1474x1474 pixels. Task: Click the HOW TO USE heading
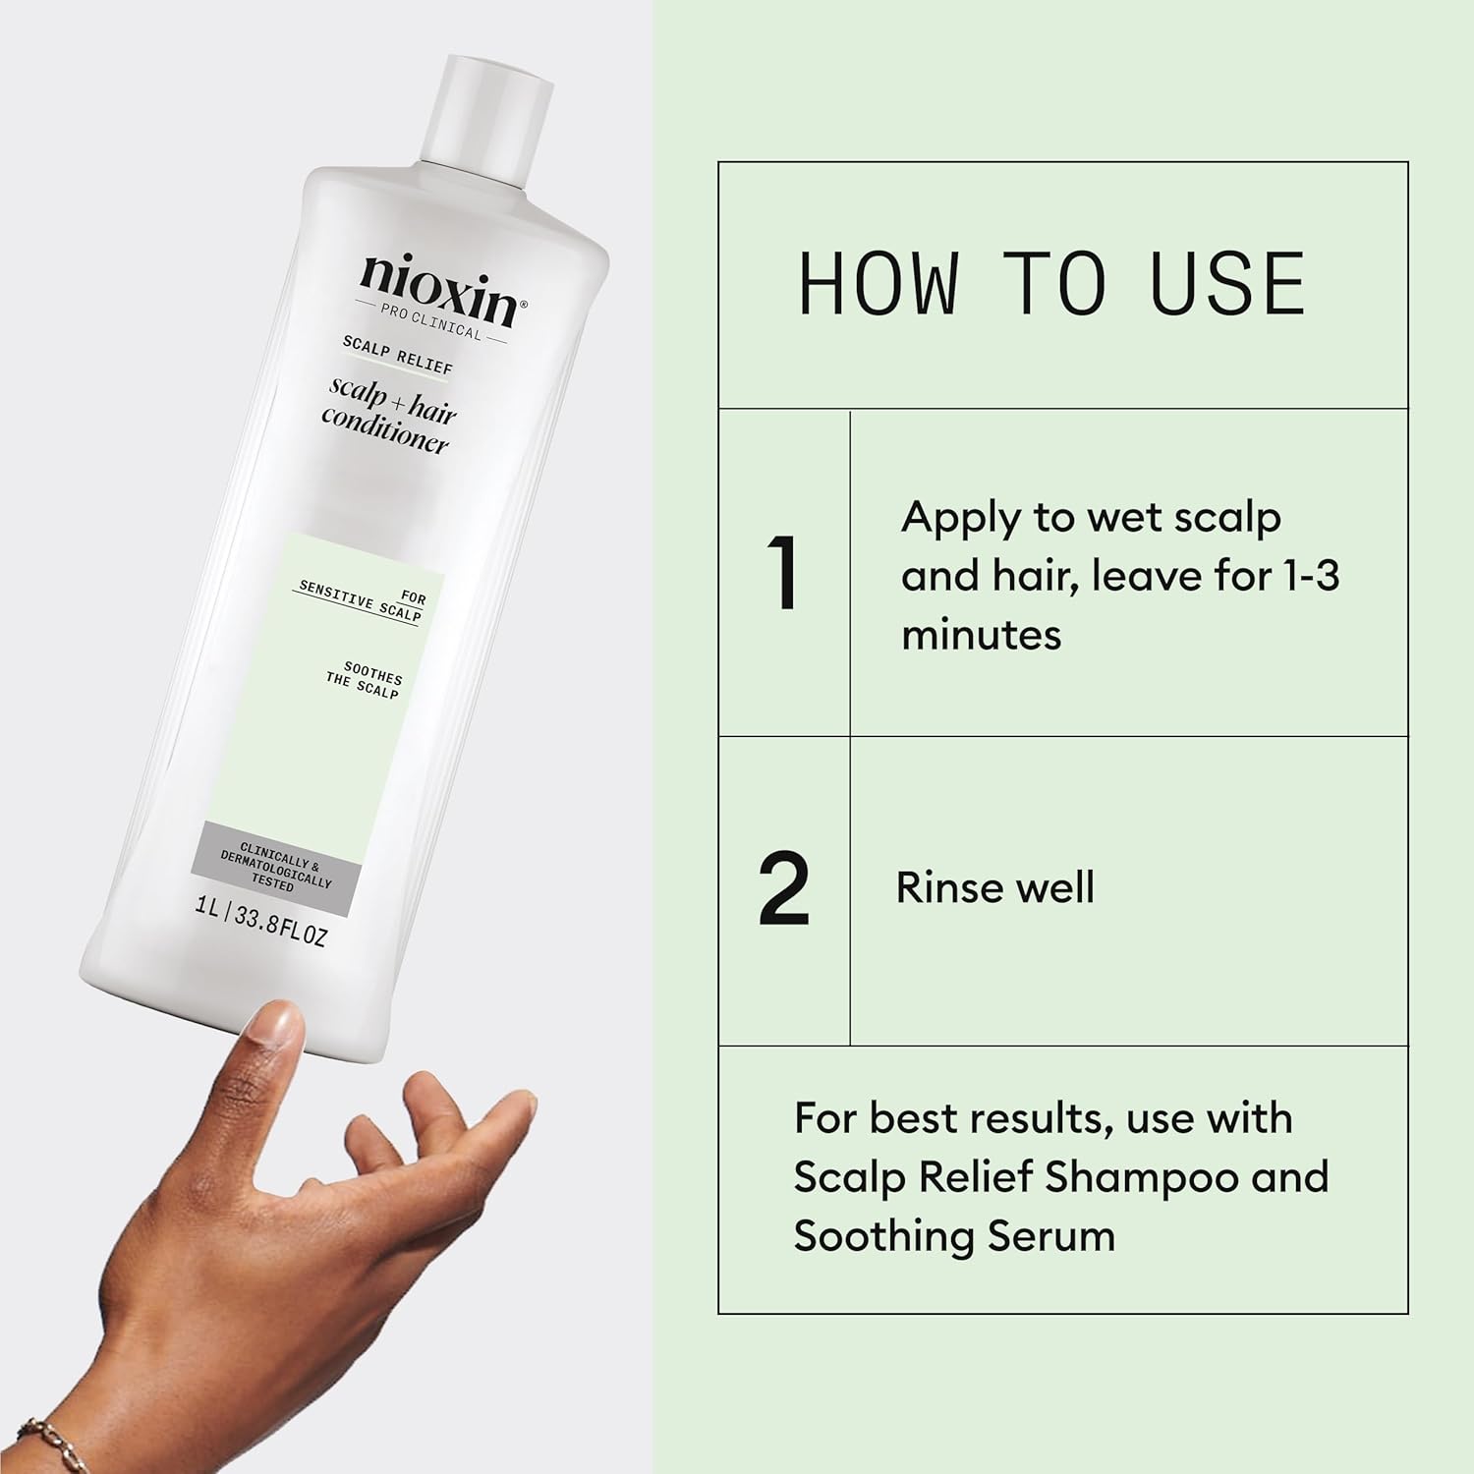click(x=1052, y=283)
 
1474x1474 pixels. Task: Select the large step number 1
click(x=782, y=574)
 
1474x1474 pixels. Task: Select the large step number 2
click(x=784, y=889)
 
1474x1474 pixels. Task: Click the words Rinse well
click(x=994, y=887)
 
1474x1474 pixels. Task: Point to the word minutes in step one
click(x=981, y=635)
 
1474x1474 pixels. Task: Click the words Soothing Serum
click(x=954, y=1236)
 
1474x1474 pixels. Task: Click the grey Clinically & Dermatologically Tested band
click(x=277, y=867)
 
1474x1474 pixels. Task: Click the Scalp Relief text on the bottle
click(x=398, y=355)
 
